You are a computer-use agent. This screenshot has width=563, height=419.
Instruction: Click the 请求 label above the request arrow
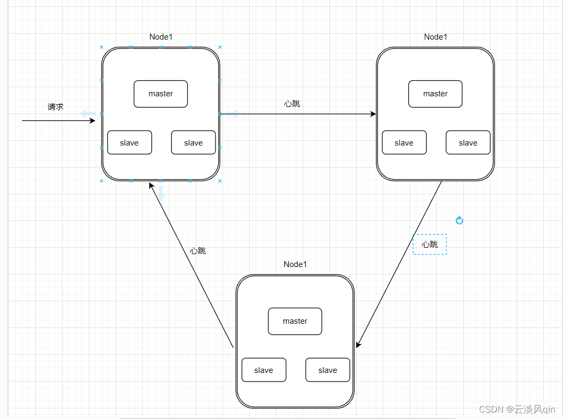coord(56,106)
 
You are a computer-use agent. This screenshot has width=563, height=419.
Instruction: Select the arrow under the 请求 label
coord(58,121)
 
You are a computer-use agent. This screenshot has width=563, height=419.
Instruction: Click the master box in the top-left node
coord(160,94)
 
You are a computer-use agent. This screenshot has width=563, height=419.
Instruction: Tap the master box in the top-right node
coord(435,94)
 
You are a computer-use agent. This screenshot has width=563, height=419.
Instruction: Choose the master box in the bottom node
coord(295,321)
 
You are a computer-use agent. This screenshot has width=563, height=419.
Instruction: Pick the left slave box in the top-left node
coord(129,143)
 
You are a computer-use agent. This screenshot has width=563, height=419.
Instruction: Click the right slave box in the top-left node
coord(194,143)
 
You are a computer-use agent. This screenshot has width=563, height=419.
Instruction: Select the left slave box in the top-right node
coord(404,143)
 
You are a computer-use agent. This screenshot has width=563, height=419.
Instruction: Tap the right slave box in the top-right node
coord(468,143)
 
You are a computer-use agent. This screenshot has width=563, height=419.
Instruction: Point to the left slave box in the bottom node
coord(264,370)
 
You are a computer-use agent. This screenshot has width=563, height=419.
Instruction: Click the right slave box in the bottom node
coord(328,370)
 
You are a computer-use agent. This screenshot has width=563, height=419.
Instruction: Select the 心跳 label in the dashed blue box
coord(430,245)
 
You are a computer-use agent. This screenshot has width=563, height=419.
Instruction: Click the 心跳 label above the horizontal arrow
coord(292,104)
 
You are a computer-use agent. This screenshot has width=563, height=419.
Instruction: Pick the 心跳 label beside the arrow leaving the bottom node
coord(198,251)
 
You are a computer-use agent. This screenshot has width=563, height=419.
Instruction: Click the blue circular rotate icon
coord(459,220)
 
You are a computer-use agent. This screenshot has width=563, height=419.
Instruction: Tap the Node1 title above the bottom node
coord(295,264)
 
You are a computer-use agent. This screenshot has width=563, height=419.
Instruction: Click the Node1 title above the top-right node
coord(436,37)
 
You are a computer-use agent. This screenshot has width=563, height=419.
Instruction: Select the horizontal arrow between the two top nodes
coord(298,114)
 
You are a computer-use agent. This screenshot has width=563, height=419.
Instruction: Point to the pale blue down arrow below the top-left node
coord(161,193)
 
